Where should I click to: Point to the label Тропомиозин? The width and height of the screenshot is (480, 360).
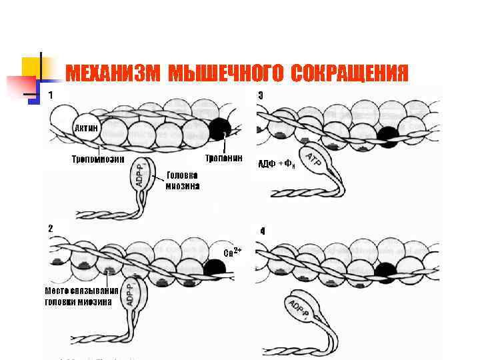[x=98, y=159]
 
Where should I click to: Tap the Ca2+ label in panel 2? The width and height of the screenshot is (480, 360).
[x=232, y=252]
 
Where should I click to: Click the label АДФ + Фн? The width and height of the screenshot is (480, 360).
[x=276, y=164]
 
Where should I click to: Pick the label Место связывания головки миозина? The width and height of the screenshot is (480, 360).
[x=81, y=296]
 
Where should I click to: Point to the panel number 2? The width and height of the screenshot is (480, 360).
[x=51, y=228]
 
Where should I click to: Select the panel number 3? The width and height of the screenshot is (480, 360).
[x=261, y=96]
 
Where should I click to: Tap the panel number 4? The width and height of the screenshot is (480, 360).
[x=263, y=231]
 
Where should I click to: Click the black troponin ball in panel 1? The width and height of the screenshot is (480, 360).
[x=219, y=129]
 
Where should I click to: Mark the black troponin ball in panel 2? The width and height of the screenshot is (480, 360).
[x=215, y=267]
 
